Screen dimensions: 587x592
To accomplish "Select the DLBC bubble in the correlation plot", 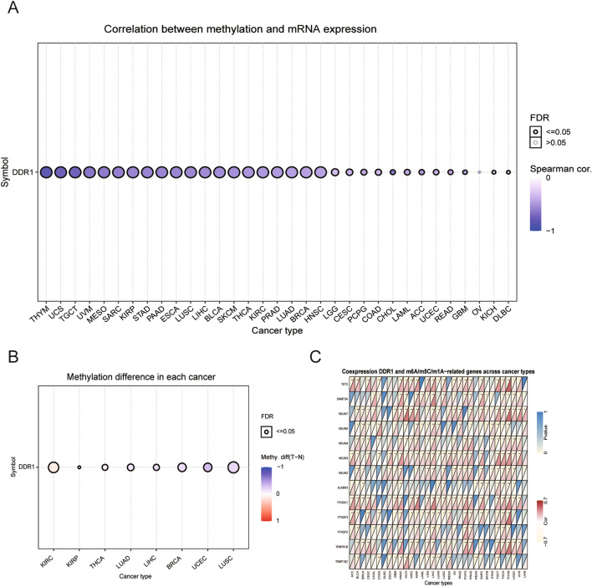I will coord(508,172).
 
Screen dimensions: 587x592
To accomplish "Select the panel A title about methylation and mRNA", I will coord(241,29).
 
